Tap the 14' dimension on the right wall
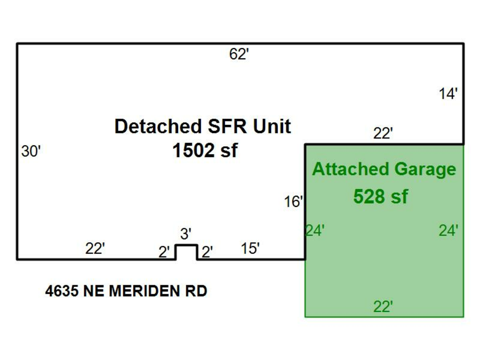pos(448,94)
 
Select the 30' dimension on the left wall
pos(31,151)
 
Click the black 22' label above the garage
pos(383,134)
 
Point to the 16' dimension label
pos(293,202)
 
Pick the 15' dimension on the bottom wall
pos(250,249)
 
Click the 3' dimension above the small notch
pos(186,234)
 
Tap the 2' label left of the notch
pos(164,252)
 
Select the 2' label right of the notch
pos(207,251)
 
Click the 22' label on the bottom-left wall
pos(95,249)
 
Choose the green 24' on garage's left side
pos(315,231)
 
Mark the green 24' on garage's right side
pos(449,231)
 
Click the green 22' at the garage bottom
pos(383,307)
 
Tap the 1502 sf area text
pos(204,151)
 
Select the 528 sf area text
pos(380,196)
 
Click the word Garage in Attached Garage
pos(426,169)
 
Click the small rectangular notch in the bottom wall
pos(186,252)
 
